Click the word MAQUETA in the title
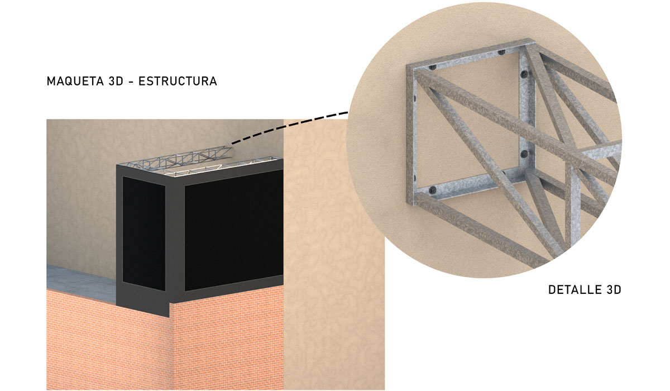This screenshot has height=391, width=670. tap(75, 82)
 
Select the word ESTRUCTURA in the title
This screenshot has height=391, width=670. tap(178, 82)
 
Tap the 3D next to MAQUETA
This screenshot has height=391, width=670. tap(116, 82)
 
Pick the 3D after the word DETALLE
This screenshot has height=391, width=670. tap(613, 289)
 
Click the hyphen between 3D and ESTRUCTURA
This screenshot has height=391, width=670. tap(131, 82)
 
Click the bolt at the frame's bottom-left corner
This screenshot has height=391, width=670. tap(432, 190)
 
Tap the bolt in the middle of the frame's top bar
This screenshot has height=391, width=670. tap(501, 53)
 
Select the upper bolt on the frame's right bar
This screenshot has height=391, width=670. tap(524, 74)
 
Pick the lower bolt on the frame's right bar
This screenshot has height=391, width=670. tap(524, 154)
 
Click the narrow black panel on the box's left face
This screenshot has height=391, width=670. tap(144, 233)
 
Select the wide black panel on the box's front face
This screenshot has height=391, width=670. tap(234, 230)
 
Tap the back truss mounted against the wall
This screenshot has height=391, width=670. tap(179, 158)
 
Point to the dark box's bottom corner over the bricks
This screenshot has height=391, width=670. tap(169, 316)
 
